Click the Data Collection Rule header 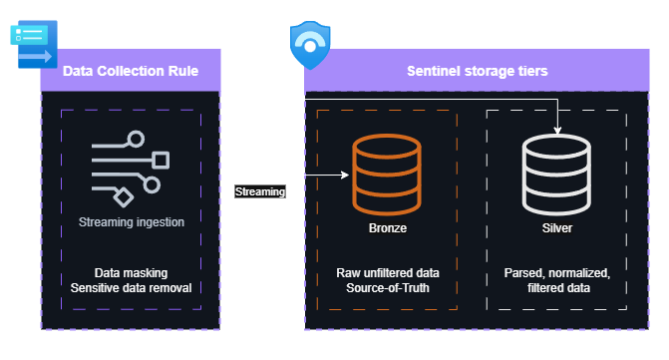131,72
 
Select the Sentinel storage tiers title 477,72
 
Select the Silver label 556,228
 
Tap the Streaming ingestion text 131,222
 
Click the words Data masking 131,272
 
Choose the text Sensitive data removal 131,287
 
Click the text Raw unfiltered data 387,272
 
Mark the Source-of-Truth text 387,287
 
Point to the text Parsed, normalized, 556,272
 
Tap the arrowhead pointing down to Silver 556,129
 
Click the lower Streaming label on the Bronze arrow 260,190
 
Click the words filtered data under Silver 556,287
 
